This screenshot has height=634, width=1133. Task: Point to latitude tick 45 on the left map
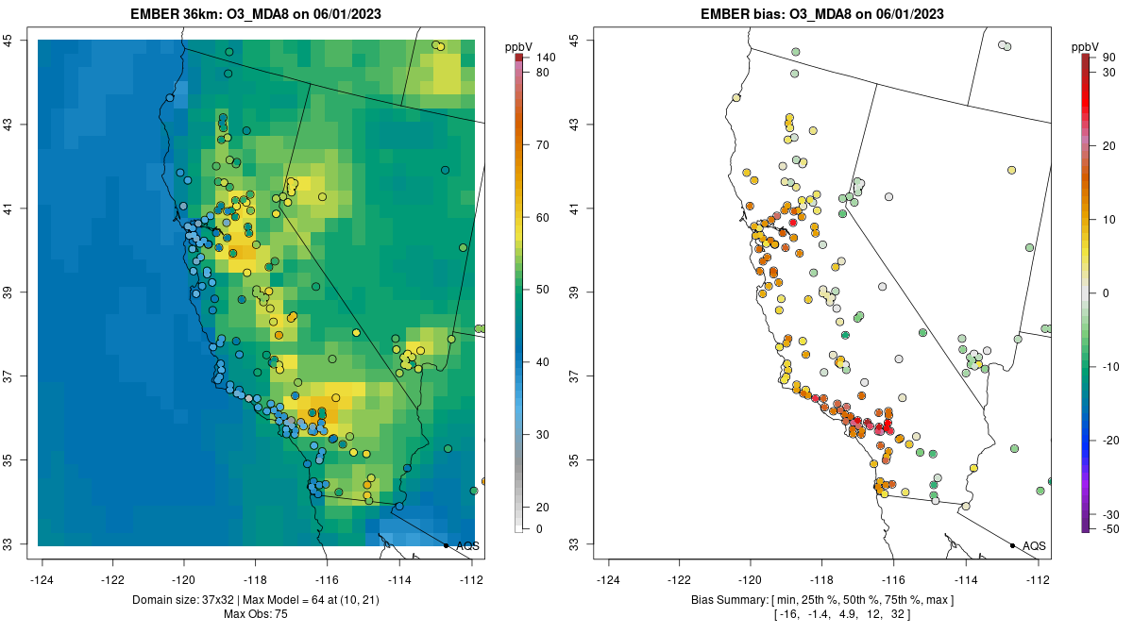coord(21,40)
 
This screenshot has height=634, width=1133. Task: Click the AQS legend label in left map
coord(467,545)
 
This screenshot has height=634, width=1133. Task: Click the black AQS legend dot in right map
coord(1012,545)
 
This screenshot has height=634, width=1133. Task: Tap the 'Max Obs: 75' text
coord(255,614)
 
